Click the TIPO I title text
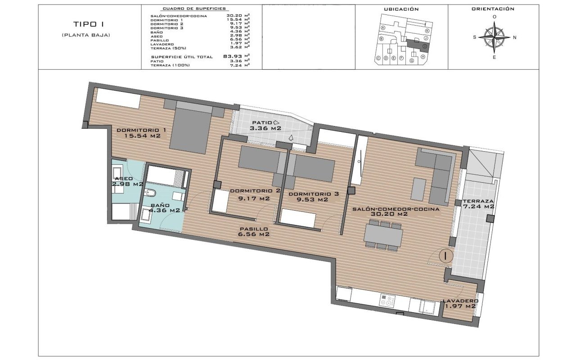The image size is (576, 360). (85, 24)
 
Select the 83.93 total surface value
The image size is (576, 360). (230, 56)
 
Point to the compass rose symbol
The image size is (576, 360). (494, 37)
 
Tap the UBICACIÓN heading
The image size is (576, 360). (401, 9)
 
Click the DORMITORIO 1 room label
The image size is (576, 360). (141, 130)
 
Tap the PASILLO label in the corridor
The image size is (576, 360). (255, 229)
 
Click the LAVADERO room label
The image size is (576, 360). (459, 301)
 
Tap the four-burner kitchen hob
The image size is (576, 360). (387, 300)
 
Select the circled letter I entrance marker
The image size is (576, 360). (445, 256)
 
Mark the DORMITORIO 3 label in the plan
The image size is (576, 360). (314, 194)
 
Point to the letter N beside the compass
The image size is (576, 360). (514, 37)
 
